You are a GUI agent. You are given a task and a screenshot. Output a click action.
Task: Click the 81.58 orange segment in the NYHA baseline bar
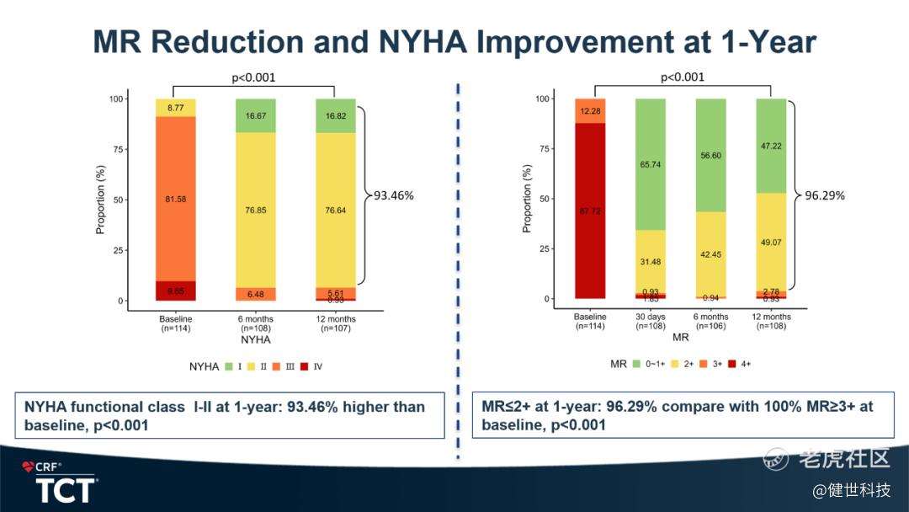pos(175,199)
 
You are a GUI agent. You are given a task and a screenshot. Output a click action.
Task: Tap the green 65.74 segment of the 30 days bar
pos(651,164)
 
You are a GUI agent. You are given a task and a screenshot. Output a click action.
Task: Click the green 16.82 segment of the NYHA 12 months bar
pos(334,116)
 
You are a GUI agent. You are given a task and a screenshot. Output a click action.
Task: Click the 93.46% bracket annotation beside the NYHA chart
pos(390,195)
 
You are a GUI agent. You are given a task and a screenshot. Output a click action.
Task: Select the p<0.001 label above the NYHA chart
pos(253,78)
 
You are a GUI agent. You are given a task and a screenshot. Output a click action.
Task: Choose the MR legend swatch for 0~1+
pos(636,365)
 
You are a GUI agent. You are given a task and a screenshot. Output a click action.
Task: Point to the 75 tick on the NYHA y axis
pos(117,149)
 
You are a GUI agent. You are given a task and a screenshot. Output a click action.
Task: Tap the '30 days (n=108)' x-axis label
pos(651,322)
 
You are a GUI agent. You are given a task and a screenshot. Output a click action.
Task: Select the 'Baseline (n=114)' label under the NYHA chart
pos(175,323)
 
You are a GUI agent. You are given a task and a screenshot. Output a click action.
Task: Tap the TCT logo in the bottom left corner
pos(66,491)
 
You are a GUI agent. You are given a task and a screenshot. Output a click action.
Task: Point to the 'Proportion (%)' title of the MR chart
pos(527,199)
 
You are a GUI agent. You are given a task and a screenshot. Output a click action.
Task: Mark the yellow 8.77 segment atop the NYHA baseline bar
pos(175,108)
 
